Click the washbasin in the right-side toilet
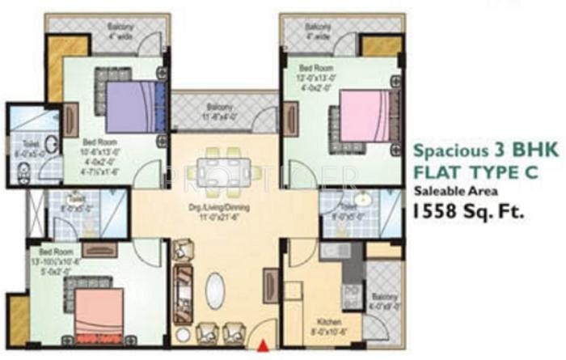[363, 199]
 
